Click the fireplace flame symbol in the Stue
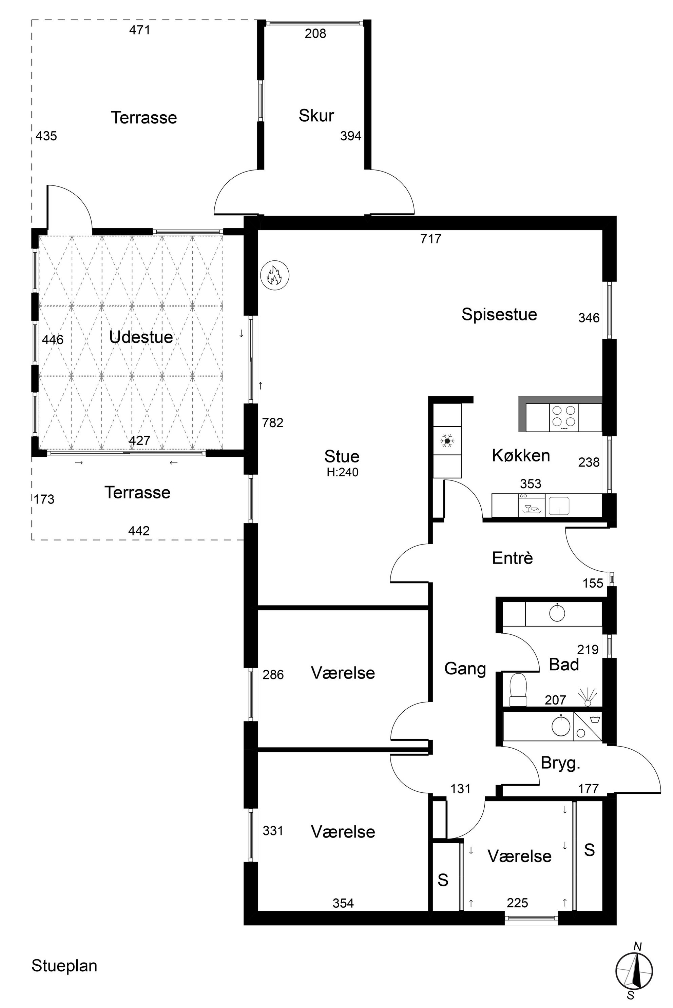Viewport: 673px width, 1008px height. [x=275, y=275]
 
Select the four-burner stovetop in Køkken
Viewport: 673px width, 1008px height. [x=563, y=417]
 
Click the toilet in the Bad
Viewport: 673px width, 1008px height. [x=518, y=689]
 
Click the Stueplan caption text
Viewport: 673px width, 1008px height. [x=64, y=966]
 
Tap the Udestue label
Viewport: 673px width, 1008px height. [x=141, y=337]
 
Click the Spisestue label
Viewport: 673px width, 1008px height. [x=499, y=314]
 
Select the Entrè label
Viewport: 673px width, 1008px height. [x=513, y=558]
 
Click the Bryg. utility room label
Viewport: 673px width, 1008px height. [x=560, y=763]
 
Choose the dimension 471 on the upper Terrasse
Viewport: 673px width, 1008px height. [x=139, y=30]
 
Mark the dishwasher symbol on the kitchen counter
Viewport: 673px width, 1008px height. [x=531, y=505]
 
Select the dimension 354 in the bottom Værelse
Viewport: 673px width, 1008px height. [x=343, y=903]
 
